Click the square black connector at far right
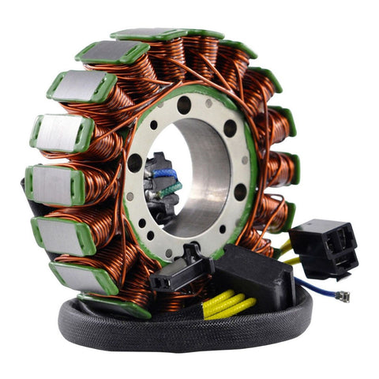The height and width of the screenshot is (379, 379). [323, 244]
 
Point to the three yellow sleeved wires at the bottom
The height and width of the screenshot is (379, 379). [228, 305]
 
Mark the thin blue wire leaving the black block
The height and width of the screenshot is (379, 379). [308, 288]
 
